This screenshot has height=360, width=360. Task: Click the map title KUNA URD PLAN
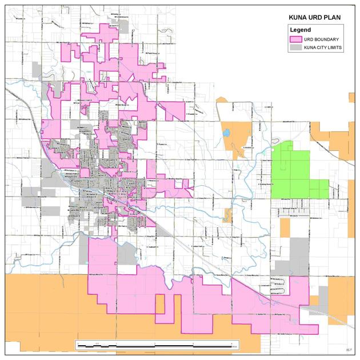pyautogui.click(x=314, y=18)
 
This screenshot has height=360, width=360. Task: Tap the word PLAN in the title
pyautogui.click(x=332, y=18)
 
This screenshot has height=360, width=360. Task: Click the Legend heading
pyautogui.click(x=300, y=29)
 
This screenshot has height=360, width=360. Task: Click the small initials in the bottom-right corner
pyautogui.click(x=349, y=348)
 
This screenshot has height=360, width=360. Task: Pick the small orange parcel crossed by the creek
pyautogui.click(x=228, y=215)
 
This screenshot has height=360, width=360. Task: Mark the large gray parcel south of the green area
pyautogui.click(x=297, y=251)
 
